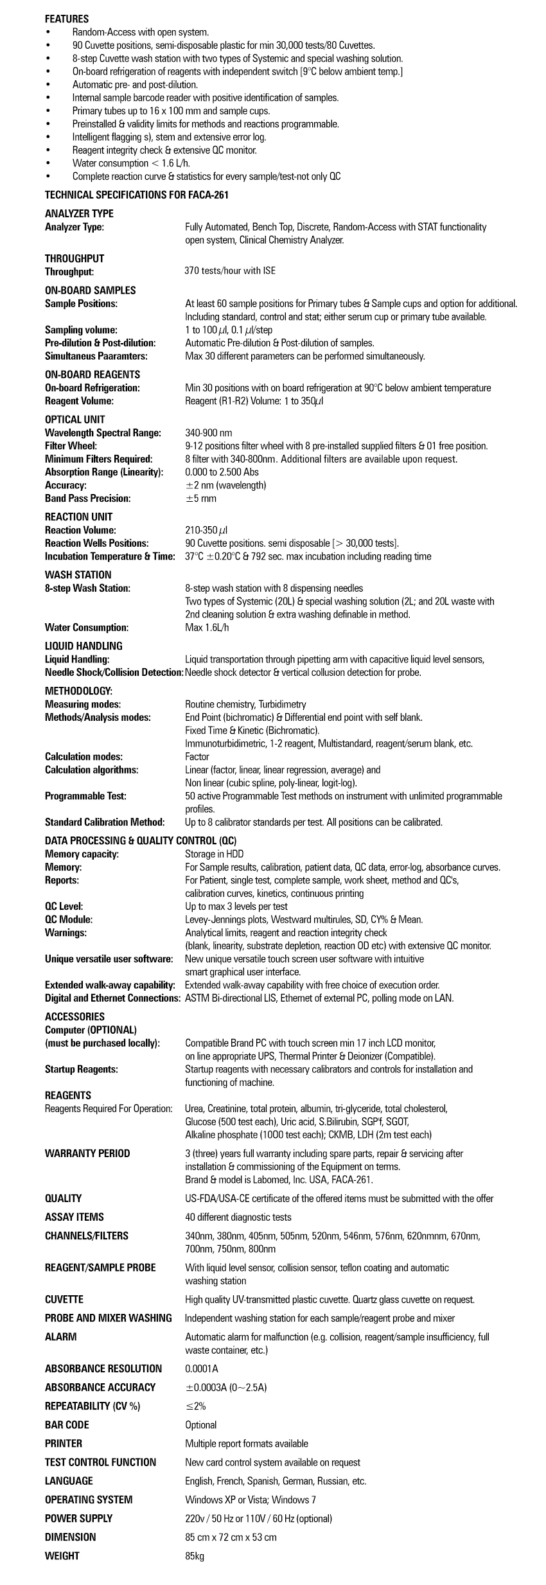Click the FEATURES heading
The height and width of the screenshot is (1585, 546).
67,19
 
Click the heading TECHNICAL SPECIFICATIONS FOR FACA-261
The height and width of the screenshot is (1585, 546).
136,195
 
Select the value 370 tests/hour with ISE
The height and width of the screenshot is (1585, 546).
230,271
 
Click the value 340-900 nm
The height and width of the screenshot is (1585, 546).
209,433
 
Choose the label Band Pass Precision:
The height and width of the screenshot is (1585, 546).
87,499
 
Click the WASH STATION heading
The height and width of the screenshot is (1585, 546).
78,575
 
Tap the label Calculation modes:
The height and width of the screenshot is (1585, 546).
84,757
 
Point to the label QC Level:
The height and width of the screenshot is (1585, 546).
64,907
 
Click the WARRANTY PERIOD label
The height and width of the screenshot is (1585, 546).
87,1153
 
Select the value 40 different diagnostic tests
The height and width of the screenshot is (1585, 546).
238,1217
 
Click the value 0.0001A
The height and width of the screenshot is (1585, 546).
201,1368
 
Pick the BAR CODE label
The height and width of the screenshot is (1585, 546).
67,1425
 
